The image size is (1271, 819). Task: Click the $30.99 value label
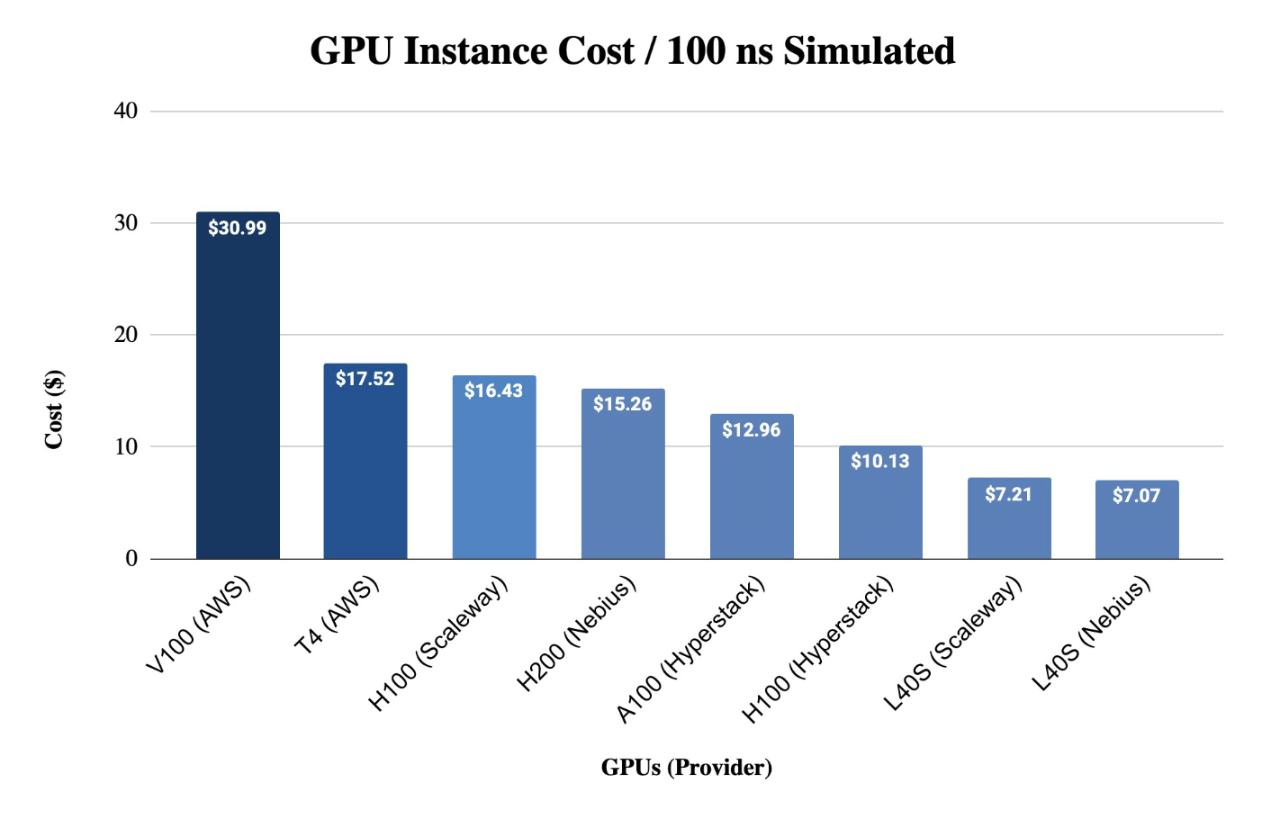(x=238, y=228)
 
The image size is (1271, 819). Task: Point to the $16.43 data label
(x=493, y=391)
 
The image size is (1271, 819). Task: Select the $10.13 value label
(x=880, y=461)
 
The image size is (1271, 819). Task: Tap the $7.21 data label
(x=1008, y=494)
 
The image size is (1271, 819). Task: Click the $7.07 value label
(x=1136, y=495)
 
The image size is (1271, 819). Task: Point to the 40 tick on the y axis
(x=126, y=111)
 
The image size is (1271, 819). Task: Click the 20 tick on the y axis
(x=126, y=334)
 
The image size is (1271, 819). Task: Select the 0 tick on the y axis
(x=131, y=558)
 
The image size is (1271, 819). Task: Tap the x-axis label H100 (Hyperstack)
(x=819, y=649)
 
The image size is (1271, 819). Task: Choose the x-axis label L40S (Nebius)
(x=1091, y=634)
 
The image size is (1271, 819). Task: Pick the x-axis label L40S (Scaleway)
(x=954, y=643)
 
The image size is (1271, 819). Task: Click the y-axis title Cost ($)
(x=54, y=409)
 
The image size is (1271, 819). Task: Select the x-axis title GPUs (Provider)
(x=686, y=767)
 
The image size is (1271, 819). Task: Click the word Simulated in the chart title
(x=869, y=50)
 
